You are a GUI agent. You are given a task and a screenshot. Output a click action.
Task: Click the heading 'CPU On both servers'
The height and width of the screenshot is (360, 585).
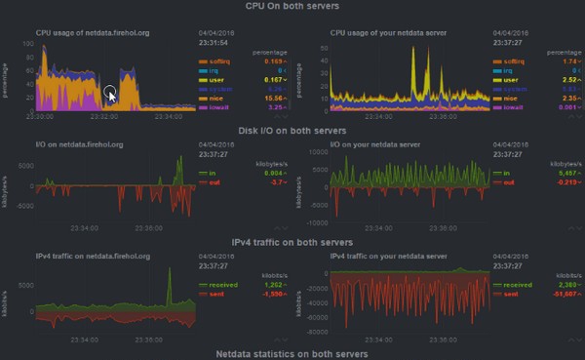coord(292,7)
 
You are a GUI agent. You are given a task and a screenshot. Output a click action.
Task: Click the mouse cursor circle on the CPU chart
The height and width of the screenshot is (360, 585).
coord(111,95)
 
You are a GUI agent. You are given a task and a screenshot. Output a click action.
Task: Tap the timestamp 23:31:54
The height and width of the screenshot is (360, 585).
coord(214,42)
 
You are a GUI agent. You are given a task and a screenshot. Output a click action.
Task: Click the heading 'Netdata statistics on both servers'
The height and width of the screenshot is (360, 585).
coord(292,353)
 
